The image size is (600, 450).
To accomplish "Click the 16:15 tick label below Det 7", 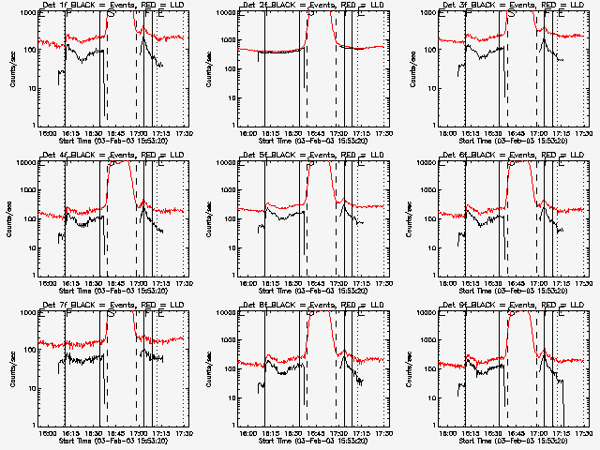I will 68,433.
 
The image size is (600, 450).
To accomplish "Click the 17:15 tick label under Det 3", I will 562,133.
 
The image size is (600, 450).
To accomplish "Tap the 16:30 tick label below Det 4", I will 91,283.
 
